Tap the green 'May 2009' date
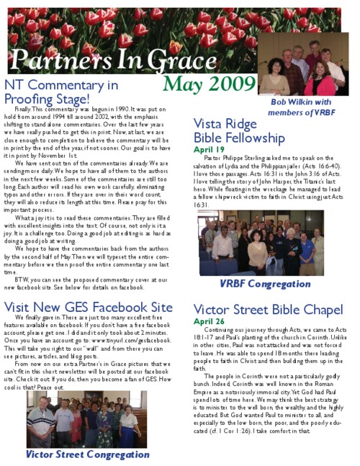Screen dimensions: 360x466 (210, 84)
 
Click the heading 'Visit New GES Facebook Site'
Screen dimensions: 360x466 (89, 308)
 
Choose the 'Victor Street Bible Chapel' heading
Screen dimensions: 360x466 (269, 310)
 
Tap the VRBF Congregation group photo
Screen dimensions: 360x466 (261, 243)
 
